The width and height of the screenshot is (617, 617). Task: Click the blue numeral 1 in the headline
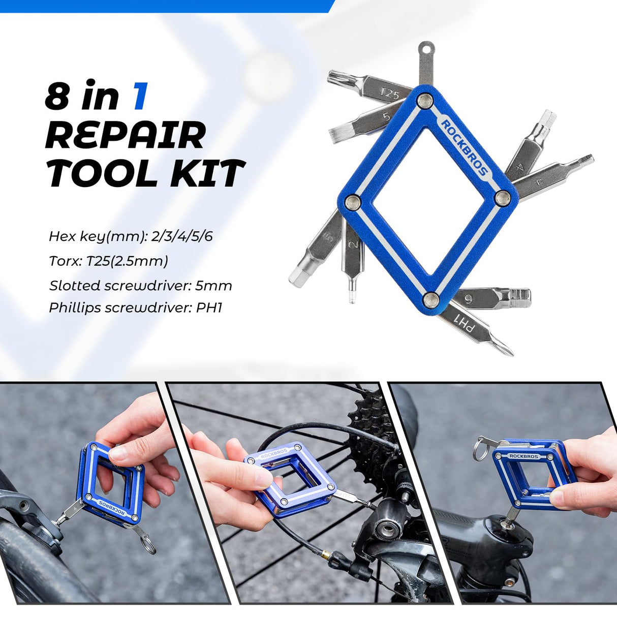pyautogui.click(x=140, y=96)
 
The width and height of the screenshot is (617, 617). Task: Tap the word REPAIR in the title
pyautogui.click(x=126, y=135)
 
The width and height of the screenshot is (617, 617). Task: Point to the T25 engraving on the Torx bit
pyautogui.click(x=390, y=94)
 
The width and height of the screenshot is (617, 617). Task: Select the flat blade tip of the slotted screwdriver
pyautogui.click(x=332, y=131)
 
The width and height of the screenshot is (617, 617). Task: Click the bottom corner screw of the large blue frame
pyautogui.click(x=431, y=301)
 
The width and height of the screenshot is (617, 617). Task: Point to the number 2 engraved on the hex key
pyautogui.click(x=353, y=244)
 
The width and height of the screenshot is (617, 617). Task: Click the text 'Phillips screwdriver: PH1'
pyautogui.click(x=135, y=308)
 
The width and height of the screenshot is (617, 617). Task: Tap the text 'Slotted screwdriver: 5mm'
pyautogui.click(x=141, y=285)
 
